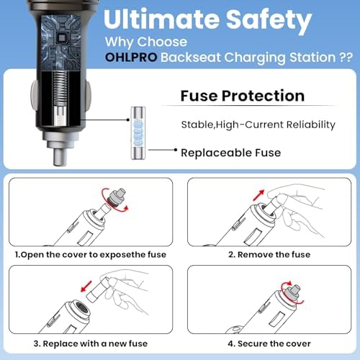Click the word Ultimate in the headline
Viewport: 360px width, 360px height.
pos(161,19)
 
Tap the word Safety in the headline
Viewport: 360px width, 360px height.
pos(269,21)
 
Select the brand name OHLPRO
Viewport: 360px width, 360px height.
pos(131,58)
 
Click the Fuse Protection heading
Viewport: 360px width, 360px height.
pos(243,96)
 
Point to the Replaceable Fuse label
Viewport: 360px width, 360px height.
pos(231,153)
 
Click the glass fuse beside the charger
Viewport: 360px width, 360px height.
pos(138,133)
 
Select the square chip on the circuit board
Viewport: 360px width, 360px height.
pos(62,38)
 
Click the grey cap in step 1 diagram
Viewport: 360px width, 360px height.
pos(117,197)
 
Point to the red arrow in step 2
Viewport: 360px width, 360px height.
pos(258,195)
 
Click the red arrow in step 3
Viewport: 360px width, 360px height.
pos(86,287)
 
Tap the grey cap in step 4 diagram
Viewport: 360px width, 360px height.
pos(292,293)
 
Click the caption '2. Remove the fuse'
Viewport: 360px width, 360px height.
pos(269,254)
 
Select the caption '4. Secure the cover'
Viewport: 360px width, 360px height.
pos(269,343)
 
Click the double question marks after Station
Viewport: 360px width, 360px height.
pos(346,58)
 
